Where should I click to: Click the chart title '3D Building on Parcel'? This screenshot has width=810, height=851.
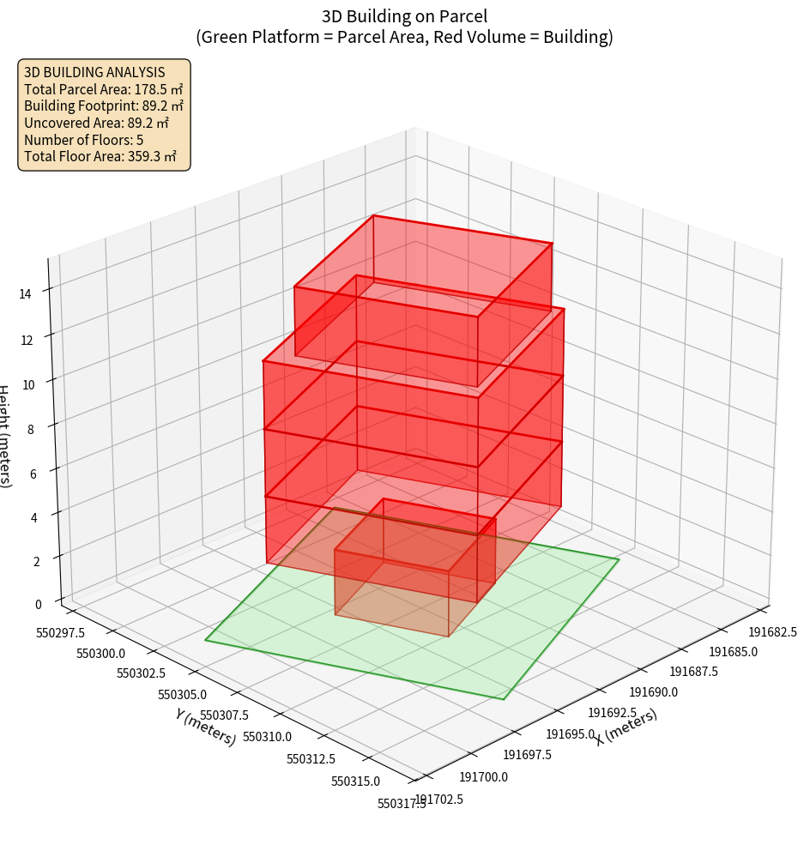click(404, 15)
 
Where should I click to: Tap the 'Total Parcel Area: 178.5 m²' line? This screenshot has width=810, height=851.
click(103, 89)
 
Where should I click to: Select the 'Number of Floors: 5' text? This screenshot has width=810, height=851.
click(83, 140)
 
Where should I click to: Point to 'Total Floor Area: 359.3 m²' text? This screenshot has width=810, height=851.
click(100, 157)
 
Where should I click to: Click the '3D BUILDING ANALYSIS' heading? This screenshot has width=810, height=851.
click(94, 72)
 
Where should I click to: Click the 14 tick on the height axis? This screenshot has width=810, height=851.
click(27, 294)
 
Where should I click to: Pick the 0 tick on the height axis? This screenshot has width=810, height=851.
click(39, 604)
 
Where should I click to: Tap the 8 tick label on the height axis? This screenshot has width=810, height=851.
click(31, 429)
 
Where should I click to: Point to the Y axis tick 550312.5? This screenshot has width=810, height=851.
click(311, 758)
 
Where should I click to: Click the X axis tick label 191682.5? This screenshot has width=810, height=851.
click(773, 632)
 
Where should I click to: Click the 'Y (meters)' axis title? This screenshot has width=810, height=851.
click(205, 727)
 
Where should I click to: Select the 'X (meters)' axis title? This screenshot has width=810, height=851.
click(626, 726)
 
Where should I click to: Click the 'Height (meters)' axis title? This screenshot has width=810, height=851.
click(5, 438)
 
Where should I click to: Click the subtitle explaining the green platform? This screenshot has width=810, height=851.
click(404, 37)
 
